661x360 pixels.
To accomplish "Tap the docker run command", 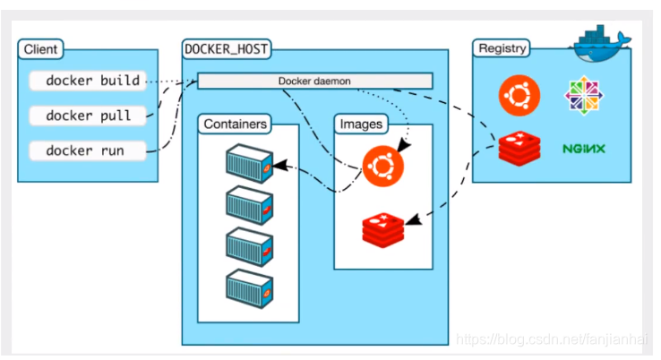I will [87, 150].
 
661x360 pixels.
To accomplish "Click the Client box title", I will [41, 49].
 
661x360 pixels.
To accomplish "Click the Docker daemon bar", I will [314, 81].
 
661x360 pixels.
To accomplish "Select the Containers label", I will [236, 123].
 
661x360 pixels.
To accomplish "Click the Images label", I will [361, 123].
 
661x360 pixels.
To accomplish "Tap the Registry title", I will [502, 48].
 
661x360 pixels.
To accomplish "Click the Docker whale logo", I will [603, 39].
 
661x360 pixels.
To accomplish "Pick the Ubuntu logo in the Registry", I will [518, 95].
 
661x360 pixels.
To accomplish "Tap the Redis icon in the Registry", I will [518, 149].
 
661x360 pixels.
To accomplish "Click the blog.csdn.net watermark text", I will [553, 340].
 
